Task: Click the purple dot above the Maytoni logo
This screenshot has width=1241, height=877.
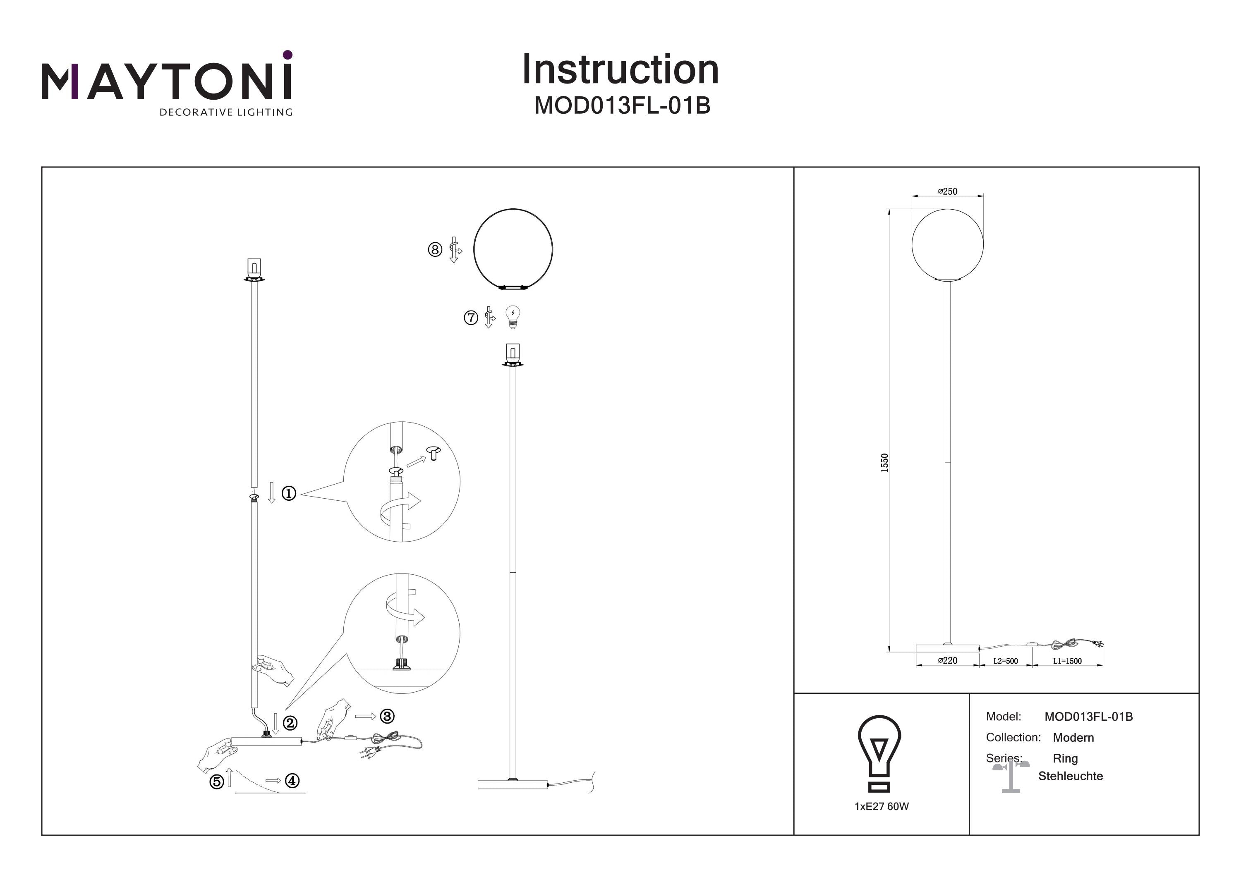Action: pos(287,55)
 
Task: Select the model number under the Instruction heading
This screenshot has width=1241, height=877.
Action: pos(622,106)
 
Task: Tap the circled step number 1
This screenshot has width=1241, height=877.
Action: pos(289,493)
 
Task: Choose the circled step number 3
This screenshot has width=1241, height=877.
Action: pos(387,716)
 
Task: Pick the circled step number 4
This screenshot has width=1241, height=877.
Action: pos(292,781)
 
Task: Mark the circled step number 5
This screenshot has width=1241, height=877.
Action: pos(217,782)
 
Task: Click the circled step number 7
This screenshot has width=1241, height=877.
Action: pos(471,318)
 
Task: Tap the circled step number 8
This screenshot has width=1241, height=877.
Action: pos(435,250)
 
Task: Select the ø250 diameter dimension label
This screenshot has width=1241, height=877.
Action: pos(948,191)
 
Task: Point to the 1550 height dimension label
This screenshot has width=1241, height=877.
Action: pos(884,463)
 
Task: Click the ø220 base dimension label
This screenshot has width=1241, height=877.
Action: pos(948,660)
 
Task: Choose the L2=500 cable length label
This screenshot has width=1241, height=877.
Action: pos(1005,661)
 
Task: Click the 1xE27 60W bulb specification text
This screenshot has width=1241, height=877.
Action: pos(882,806)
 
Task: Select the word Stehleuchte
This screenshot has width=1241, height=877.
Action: pos(1070,776)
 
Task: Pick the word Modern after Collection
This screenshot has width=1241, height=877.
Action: pos(1073,738)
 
